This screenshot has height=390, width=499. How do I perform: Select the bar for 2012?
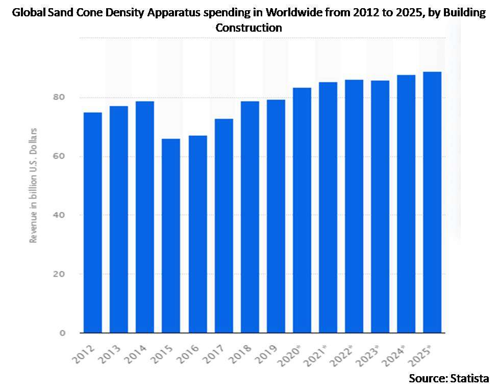(x=92, y=223)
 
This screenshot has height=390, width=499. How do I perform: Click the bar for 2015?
(x=171, y=236)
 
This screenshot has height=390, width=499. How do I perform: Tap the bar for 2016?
(x=197, y=234)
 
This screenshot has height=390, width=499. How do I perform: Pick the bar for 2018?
(x=249, y=217)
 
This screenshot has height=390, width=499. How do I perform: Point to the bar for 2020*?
(x=302, y=210)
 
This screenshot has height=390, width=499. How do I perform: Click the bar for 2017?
(x=223, y=226)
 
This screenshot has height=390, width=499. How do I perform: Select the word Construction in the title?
(x=249, y=28)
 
